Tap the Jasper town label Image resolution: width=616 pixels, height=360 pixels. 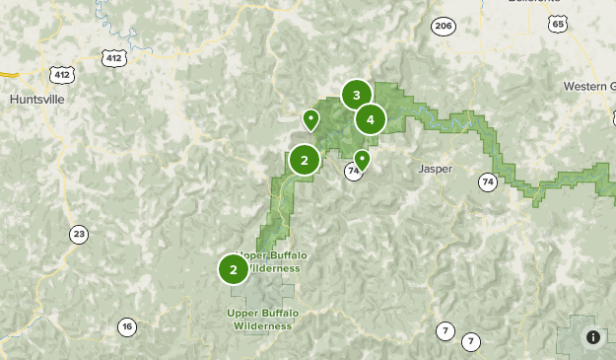435,169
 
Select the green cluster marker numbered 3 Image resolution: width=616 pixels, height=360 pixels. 356,96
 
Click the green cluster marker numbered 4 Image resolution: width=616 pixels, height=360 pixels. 370,120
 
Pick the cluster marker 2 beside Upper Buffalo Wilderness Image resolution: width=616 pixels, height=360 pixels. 234,268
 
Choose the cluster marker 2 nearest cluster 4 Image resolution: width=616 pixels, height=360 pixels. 305,160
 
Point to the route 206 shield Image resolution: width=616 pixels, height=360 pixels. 444,27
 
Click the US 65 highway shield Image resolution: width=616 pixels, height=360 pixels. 559,24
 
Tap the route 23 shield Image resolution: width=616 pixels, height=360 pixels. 79,234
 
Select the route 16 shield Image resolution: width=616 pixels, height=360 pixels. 126,326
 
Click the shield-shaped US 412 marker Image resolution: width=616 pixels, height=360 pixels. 114,58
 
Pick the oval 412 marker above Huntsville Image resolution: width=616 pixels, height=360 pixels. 62,74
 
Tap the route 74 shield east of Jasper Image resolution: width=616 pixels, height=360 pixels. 487,181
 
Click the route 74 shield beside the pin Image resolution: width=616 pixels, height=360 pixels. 353,172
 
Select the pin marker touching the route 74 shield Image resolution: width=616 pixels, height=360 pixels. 362,159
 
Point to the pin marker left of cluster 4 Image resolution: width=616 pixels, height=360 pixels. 310,119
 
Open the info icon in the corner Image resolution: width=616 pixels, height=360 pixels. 593,337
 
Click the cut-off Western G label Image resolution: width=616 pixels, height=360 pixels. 589,86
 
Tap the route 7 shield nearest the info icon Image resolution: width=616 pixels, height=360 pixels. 471,341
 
